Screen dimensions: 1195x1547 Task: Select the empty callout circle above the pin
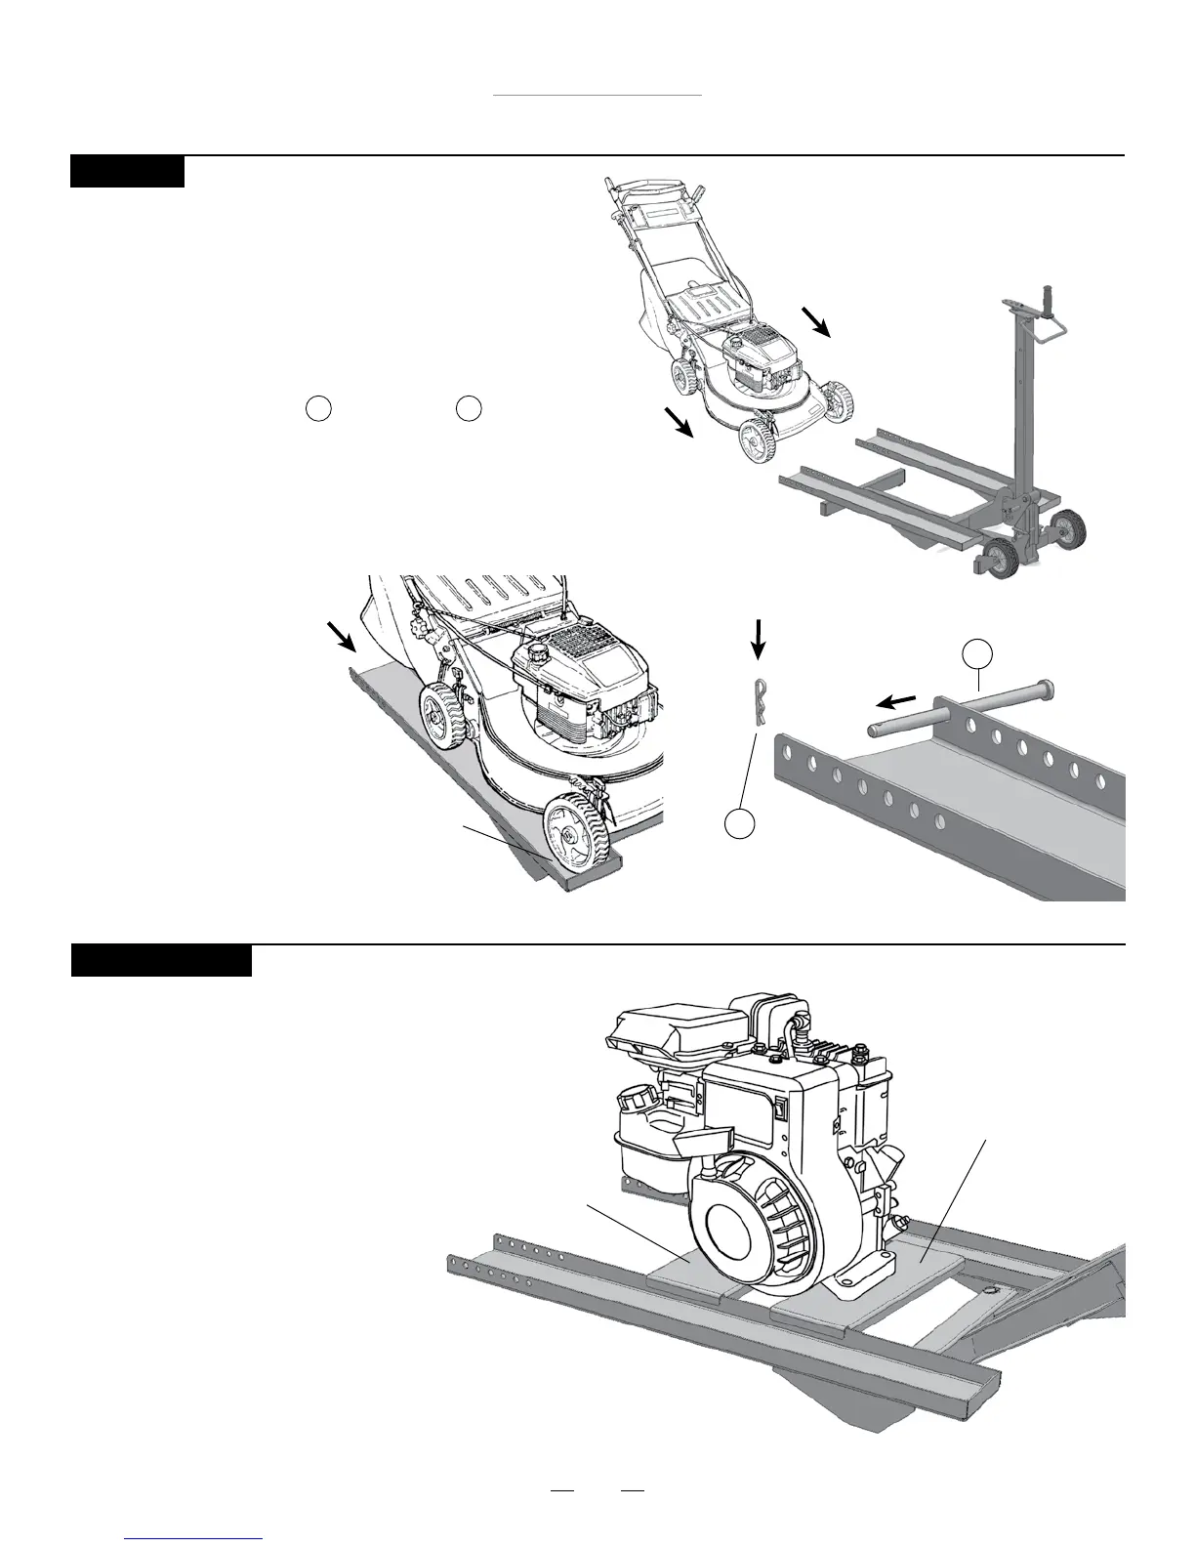[976, 653]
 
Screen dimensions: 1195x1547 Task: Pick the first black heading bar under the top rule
[127, 171]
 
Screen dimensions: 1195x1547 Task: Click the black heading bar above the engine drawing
[162, 960]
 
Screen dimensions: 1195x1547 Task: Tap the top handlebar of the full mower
[625, 187]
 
